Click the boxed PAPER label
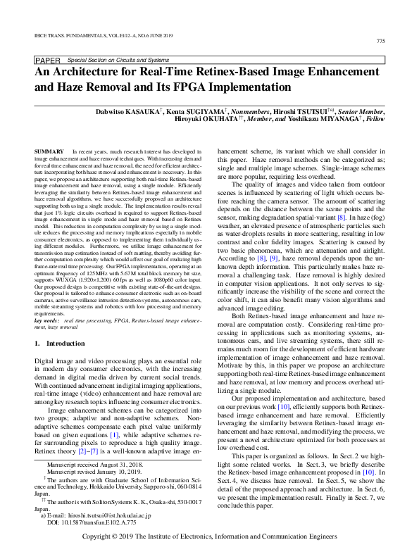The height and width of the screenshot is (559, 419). click(48, 61)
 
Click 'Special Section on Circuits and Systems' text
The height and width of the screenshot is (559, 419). click(115, 61)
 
